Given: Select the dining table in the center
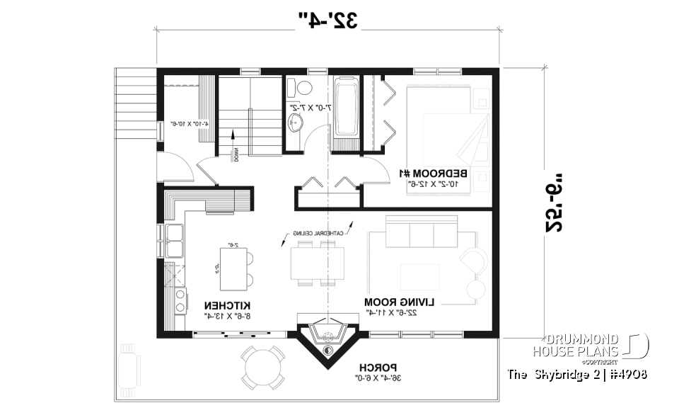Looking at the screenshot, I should click(317, 263).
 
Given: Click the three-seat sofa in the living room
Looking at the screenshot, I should click(420, 232).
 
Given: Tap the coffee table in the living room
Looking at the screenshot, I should click(422, 275).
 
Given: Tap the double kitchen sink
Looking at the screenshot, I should click(174, 242).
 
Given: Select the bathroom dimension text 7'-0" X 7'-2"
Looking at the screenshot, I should click(310, 107).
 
